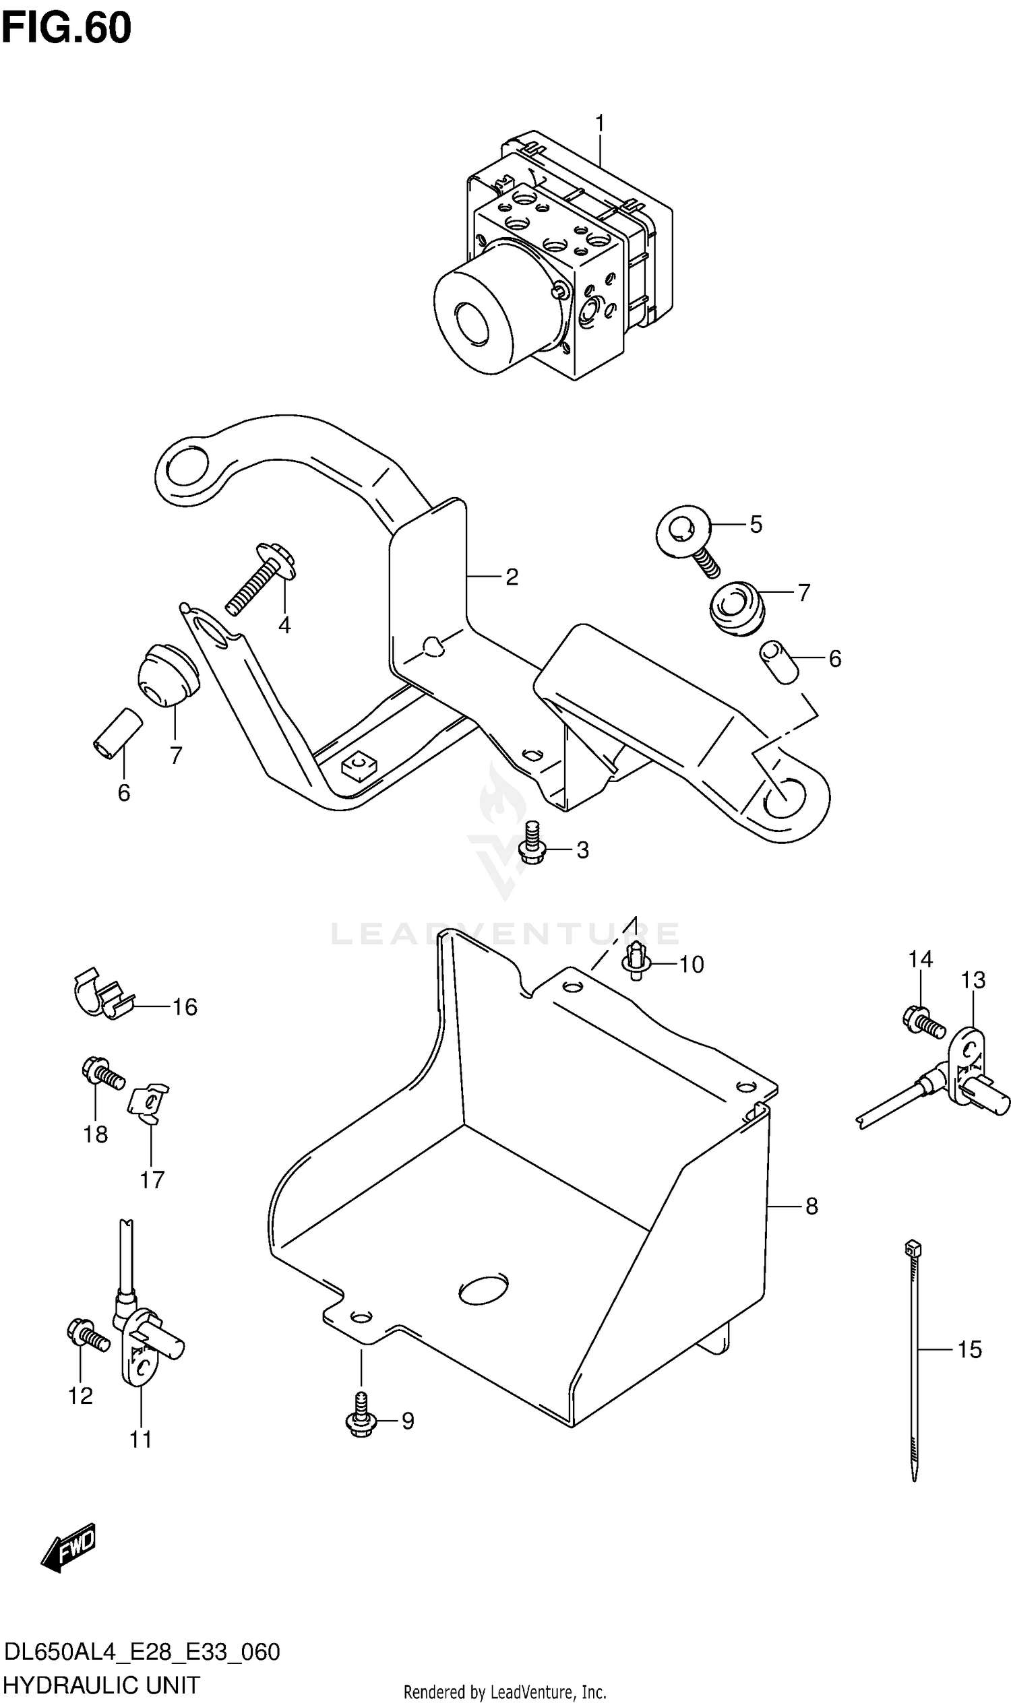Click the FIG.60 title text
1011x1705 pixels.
[66, 28]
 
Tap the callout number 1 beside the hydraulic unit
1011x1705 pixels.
[599, 123]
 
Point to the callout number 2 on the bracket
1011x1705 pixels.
[512, 577]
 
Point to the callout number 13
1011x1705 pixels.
[973, 981]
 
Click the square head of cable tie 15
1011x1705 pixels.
[913, 1248]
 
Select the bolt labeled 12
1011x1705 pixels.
[88, 1334]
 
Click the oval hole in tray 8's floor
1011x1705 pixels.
[483, 1289]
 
